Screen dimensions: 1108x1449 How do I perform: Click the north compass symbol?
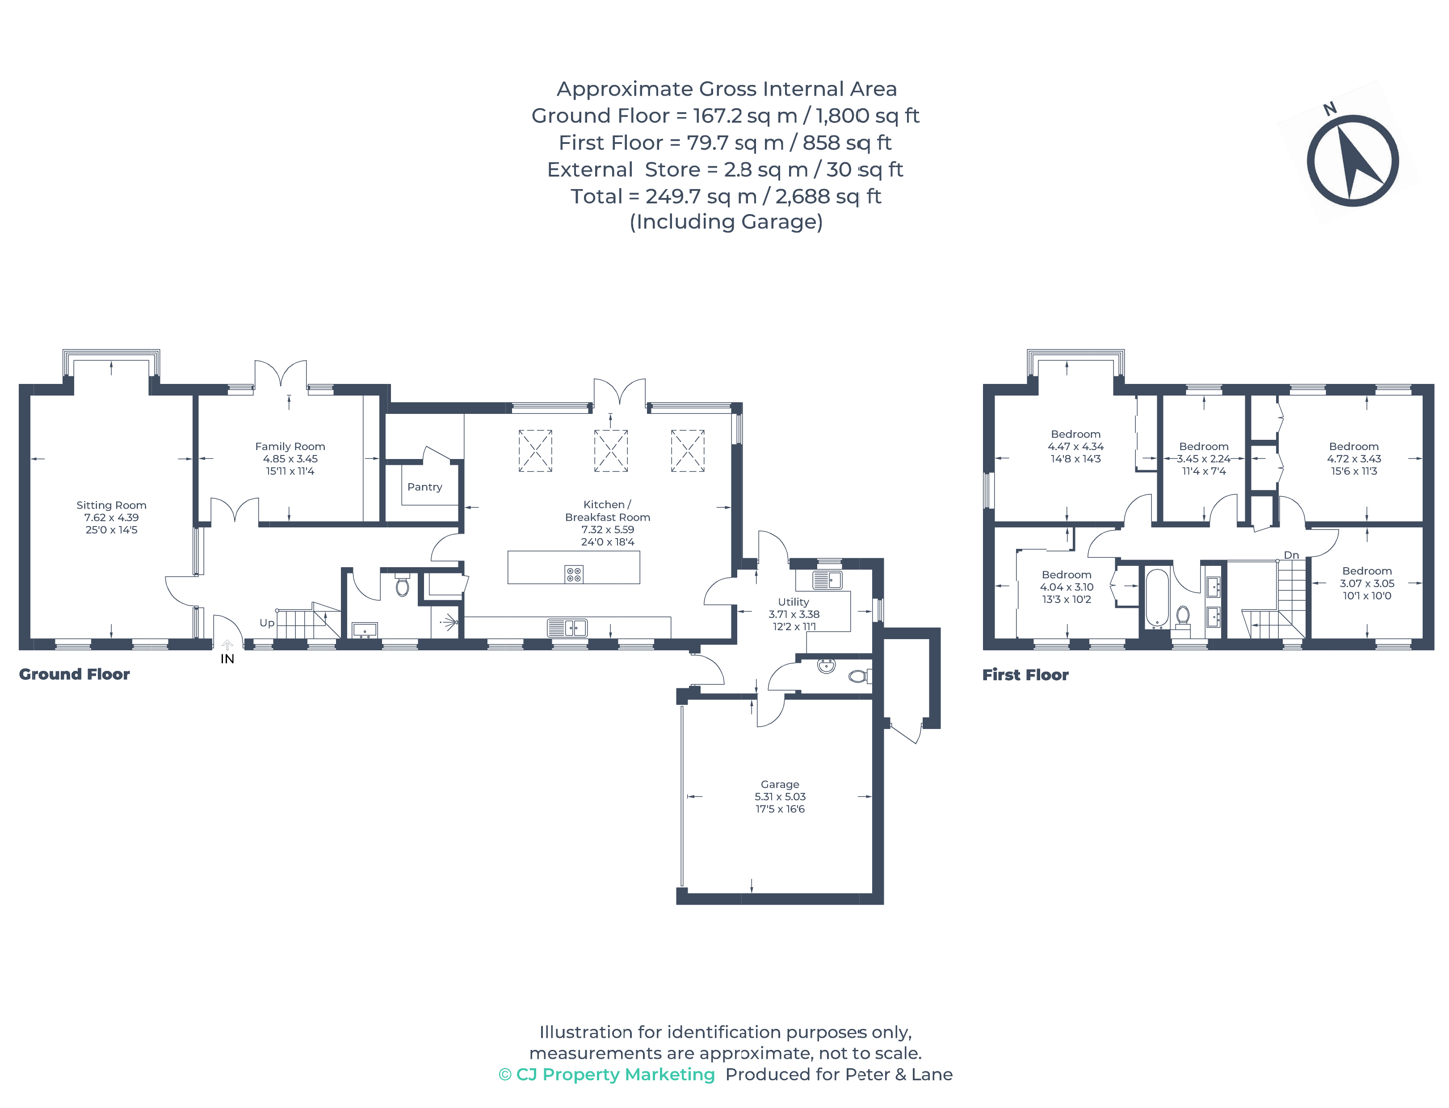tap(1352, 160)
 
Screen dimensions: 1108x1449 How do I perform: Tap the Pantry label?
tap(424, 487)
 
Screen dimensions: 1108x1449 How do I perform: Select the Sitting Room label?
tap(111, 505)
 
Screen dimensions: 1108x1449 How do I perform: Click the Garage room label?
tap(779, 784)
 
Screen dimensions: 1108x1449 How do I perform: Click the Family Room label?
tap(290, 447)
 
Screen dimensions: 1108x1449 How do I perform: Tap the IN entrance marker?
tap(227, 658)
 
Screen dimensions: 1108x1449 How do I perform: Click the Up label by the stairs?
tap(266, 623)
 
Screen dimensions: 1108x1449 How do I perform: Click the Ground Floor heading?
tap(74, 674)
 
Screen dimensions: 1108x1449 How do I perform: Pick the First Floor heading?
tap(1025, 675)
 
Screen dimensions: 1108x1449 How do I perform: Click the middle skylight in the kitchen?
tap(610, 451)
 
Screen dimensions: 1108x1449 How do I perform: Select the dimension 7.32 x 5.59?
tap(607, 530)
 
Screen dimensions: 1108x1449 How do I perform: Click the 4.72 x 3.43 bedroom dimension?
tap(1353, 459)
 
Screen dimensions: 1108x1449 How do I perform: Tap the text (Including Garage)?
tap(725, 222)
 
